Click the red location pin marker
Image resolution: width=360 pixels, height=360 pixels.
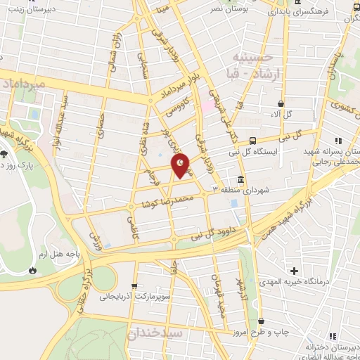coord(181,165)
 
